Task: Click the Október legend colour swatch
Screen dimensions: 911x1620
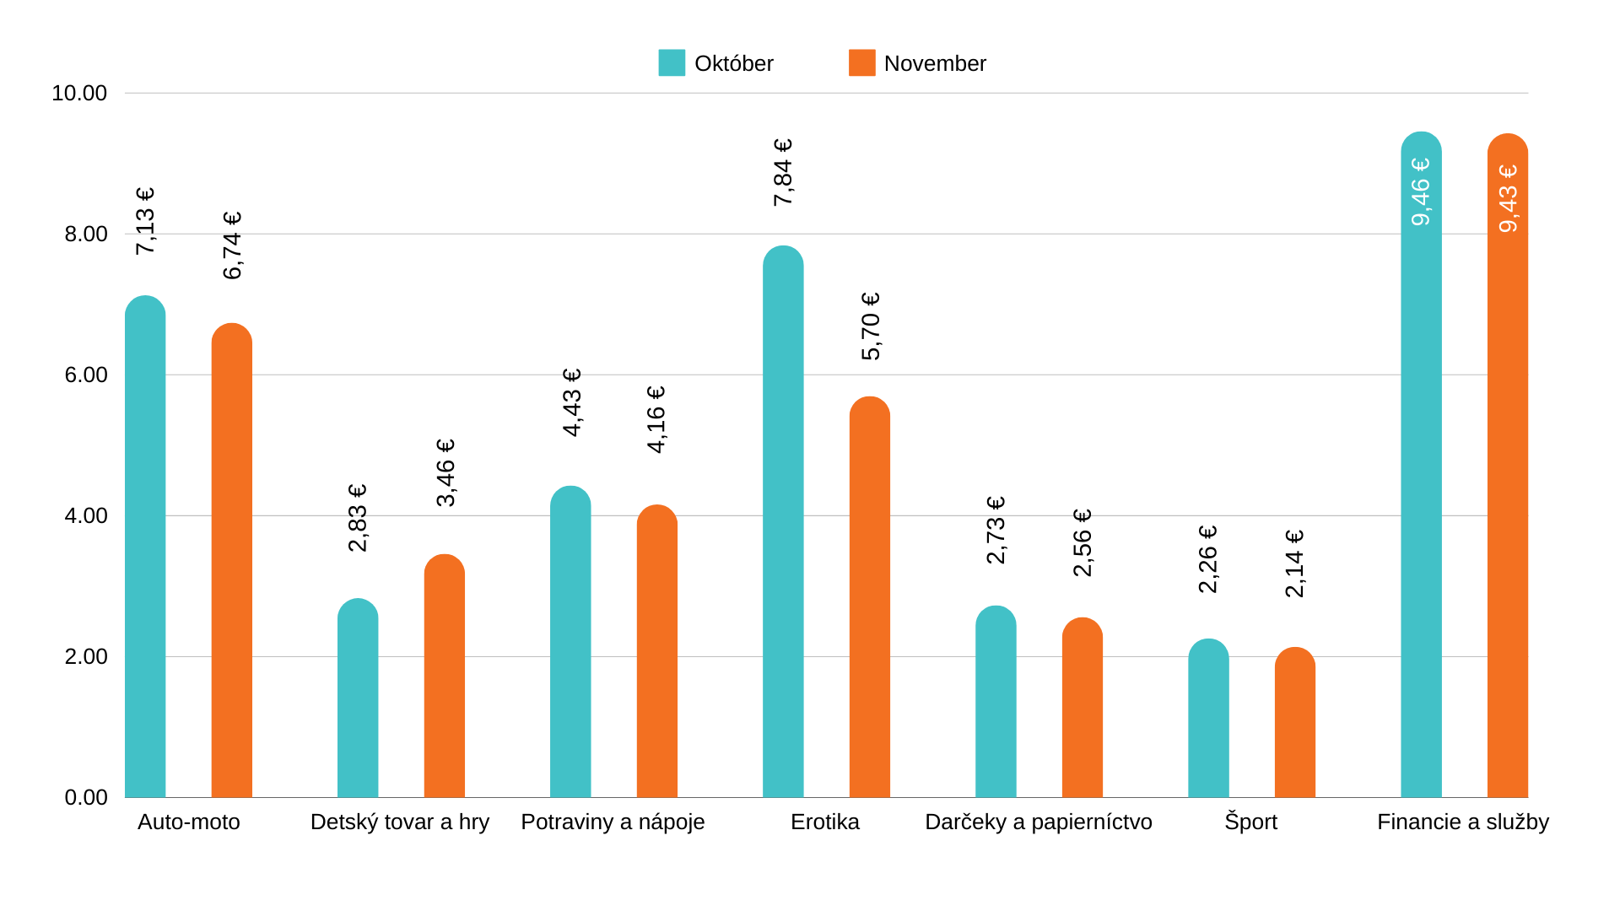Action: (x=672, y=63)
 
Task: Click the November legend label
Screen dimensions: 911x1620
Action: (x=934, y=64)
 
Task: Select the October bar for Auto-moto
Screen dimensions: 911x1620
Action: (x=145, y=548)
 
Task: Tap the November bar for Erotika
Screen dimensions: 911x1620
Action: (x=869, y=599)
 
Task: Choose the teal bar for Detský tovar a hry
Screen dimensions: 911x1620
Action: (x=358, y=700)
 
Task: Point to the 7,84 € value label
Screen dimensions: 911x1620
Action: (x=783, y=173)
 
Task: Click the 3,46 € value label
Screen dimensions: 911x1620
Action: (x=445, y=472)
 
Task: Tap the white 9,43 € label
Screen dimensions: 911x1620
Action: (x=1508, y=198)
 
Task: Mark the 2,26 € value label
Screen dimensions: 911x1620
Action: (x=1208, y=559)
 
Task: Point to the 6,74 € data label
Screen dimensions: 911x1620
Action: (x=232, y=245)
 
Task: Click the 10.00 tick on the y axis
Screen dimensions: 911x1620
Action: (x=79, y=94)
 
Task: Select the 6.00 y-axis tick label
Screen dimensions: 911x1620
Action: (x=86, y=375)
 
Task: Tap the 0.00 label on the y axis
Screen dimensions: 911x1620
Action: (x=86, y=798)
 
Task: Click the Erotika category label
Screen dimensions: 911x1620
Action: (x=824, y=822)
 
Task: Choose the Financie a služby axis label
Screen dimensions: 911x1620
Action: (x=1462, y=822)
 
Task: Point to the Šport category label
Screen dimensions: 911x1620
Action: (x=1250, y=822)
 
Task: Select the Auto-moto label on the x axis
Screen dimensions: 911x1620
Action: (x=188, y=822)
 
